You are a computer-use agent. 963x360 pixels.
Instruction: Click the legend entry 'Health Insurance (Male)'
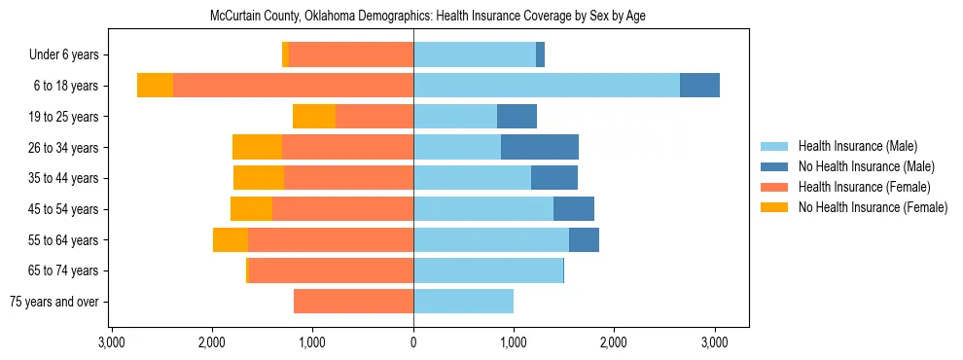tap(857, 146)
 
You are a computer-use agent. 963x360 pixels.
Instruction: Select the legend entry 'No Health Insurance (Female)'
tap(873, 207)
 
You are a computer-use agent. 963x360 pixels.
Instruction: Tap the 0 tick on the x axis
tap(413, 342)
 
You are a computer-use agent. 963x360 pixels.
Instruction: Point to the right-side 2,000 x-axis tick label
tap(614, 342)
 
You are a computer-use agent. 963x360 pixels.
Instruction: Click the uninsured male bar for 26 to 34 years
tap(540, 148)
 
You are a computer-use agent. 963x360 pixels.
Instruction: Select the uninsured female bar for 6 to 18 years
tap(155, 86)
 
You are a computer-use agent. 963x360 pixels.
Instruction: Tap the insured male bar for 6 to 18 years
tap(546, 86)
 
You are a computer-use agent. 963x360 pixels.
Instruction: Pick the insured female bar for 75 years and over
tap(353, 302)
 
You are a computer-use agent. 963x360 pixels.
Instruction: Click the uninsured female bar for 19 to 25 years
tap(314, 117)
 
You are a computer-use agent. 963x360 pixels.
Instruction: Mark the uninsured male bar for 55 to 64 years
tap(584, 240)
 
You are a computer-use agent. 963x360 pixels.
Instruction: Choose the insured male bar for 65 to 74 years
tap(487, 270)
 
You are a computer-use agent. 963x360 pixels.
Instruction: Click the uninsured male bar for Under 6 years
tap(540, 55)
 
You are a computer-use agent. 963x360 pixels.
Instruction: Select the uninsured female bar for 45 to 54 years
tap(251, 209)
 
